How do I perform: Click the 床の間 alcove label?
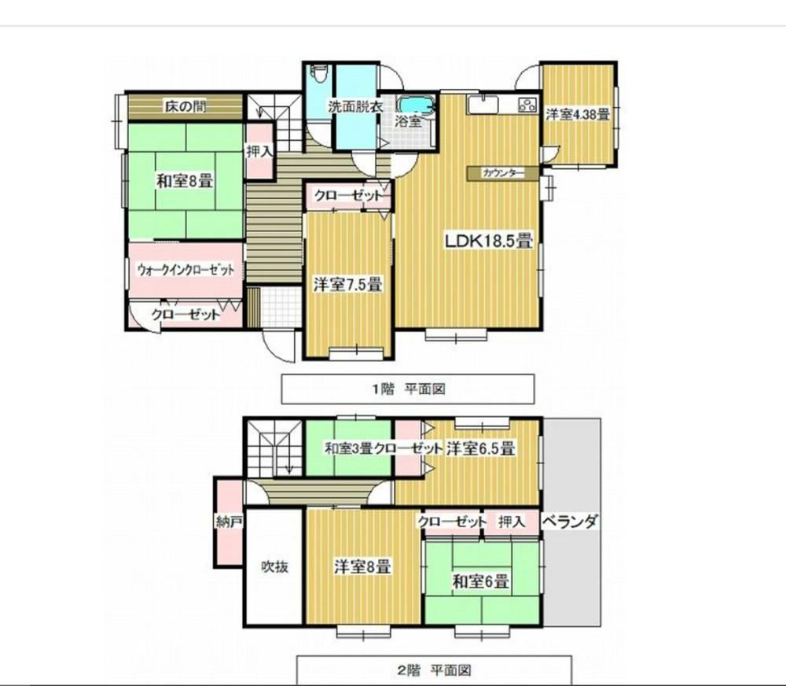pos(185,106)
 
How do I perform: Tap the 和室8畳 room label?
pos(185,181)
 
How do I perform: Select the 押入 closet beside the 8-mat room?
pos(259,150)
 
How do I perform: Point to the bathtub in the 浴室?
pos(416,105)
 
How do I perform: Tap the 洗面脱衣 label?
pos(356,106)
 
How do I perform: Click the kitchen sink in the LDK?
pos(483,105)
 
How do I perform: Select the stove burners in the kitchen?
pos(527,105)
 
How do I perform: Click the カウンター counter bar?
pos(503,173)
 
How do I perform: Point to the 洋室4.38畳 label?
pos(578,114)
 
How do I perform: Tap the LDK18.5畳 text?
pos(489,241)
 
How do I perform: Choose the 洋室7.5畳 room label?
pos(348,285)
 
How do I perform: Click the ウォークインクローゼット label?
pos(185,270)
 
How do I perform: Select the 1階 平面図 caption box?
pos(407,389)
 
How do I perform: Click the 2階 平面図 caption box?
pos(434,670)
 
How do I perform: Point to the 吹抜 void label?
pos(274,566)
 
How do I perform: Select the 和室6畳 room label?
pos(481,581)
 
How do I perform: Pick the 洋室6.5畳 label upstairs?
pos(480,448)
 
